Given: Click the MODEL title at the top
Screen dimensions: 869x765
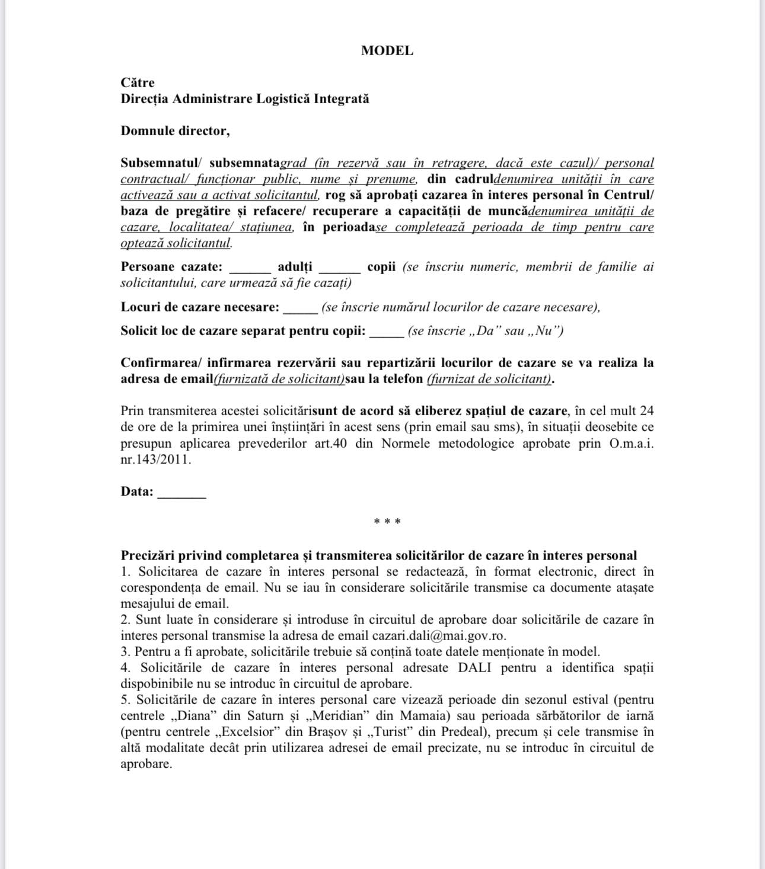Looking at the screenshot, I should click(387, 51).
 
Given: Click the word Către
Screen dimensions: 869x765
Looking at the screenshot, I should click(138, 83).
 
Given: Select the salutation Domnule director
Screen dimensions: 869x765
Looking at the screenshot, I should click(175, 131).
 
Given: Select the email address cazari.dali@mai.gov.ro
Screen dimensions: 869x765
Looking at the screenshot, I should click(439, 636).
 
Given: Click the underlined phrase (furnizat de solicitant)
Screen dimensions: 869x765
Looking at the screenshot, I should click(489, 379).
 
